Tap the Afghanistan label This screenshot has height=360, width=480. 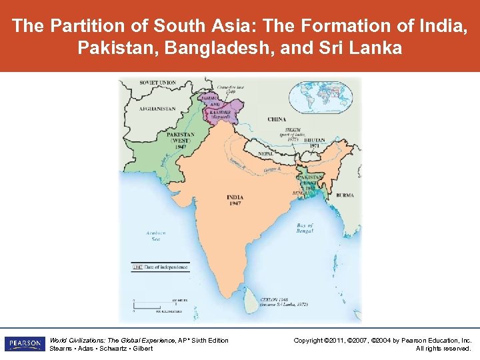click(157, 109)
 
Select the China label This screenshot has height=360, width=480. click(276, 119)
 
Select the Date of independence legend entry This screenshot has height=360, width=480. click(160, 267)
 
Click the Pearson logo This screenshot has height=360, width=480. click(25, 343)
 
